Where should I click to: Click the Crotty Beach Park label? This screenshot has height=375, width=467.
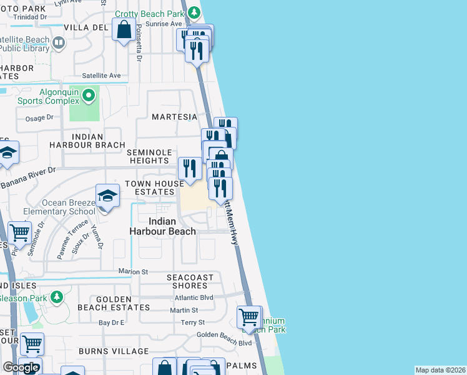click(x=149, y=14)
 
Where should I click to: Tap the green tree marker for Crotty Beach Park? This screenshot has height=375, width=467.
click(x=194, y=12)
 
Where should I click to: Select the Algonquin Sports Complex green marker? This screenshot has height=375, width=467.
click(x=88, y=96)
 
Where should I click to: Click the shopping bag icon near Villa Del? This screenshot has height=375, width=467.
click(x=124, y=29)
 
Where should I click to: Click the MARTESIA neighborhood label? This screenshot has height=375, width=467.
click(x=174, y=117)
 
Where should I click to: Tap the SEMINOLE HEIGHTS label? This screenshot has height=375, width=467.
click(x=149, y=157)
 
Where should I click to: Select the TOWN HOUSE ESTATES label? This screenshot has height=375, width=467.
click(x=154, y=187)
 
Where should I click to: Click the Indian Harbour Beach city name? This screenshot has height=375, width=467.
click(x=162, y=226)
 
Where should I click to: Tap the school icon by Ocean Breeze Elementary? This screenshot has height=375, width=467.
click(x=107, y=196)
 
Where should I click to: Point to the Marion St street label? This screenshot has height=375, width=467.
click(x=134, y=272)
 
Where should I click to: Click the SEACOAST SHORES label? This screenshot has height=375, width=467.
click(x=190, y=281)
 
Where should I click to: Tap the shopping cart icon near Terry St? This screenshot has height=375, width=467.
click(x=249, y=317)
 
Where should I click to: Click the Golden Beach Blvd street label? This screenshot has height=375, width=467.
click(x=224, y=342)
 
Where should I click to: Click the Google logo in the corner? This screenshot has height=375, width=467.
click(x=21, y=367)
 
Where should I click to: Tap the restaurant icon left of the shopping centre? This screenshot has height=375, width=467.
click(x=189, y=168)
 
